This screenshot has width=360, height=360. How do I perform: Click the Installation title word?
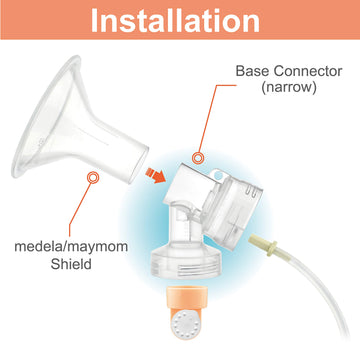click(175, 20)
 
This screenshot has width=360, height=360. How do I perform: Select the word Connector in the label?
click(309, 71)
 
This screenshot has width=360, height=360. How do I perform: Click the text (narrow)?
click(289, 88)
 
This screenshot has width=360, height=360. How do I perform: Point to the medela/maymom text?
click(71, 248)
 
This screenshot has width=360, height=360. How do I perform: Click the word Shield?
click(71, 264)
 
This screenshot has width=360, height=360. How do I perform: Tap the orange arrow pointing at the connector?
click(156, 176)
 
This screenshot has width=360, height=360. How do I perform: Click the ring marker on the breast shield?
click(93, 177)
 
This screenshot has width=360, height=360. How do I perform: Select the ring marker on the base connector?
click(198, 158)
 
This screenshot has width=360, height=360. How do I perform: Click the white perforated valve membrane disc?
click(183, 322)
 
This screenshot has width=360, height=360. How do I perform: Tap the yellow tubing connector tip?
click(263, 244)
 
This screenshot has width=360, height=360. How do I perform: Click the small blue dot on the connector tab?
click(218, 174)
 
